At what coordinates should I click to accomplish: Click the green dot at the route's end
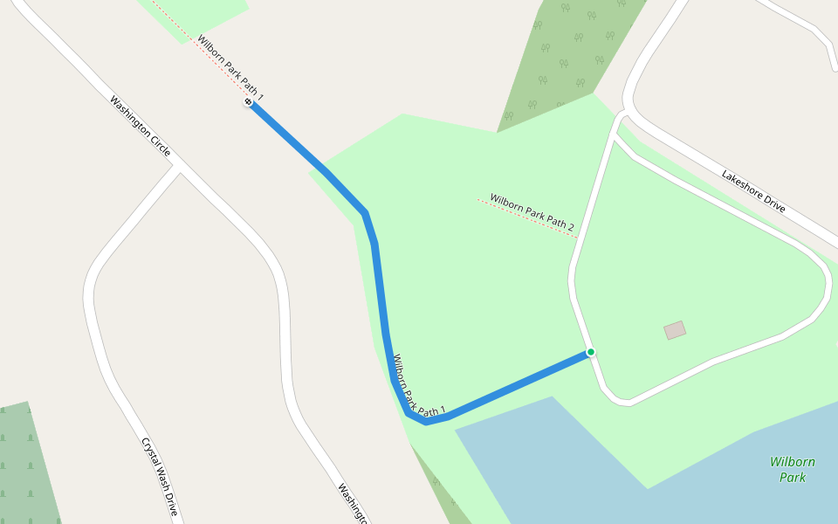pyautogui.click(x=591, y=352)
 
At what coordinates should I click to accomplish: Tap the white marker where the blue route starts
pyautogui.click(x=249, y=102)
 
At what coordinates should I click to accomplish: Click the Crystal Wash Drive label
pyautogui.click(x=159, y=475)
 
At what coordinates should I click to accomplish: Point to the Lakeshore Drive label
pyautogui.click(x=753, y=191)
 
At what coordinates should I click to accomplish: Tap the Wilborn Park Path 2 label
pyautogui.click(x=532, y=213)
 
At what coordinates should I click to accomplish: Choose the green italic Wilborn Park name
pyautogui.click(x=793, y=469)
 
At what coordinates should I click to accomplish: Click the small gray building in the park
pyautogui.click(x=675, y=330)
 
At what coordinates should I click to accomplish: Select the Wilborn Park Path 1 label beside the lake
pyautogui.click(x=419, y=385)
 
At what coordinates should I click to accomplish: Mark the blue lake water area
pyautogui.click(x=663, y=472)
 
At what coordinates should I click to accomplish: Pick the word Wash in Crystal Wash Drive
pyautogui.click(x=159, y=474)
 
